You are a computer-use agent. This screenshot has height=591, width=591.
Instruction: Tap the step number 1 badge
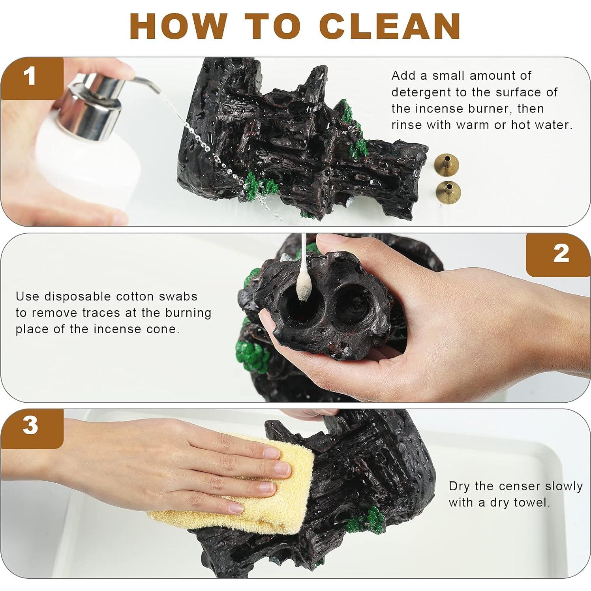click(x=32, y=78)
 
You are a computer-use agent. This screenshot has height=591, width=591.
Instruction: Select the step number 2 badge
click(x=558, y=255)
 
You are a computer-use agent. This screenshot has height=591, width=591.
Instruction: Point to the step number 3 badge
click(x=32, y=428)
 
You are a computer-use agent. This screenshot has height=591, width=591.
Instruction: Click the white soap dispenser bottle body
click(x=87, y=174)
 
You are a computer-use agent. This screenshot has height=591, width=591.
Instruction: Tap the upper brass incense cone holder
click(x=446, y=163)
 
